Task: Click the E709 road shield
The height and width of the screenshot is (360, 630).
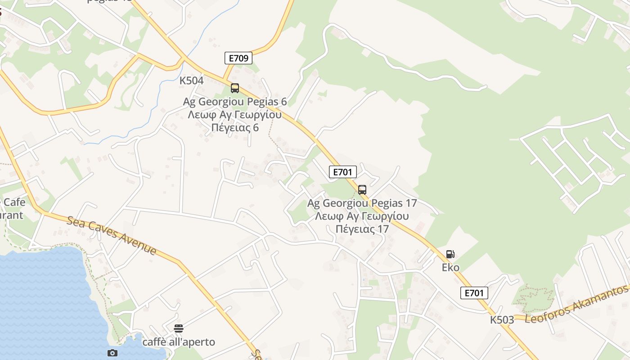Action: [x=238, y=58]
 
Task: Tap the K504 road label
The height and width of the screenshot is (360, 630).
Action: [x=191, y=81]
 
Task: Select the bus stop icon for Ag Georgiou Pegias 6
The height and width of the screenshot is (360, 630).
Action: [x=234, y=88]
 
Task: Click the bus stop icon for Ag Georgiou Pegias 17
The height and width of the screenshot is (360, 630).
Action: [x=362, y=190]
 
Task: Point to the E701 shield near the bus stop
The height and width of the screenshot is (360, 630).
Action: [x=342, y=172]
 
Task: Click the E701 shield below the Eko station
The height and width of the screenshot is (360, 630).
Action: [x=474, y=293]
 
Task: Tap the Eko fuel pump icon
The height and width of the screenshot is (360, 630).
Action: [x=450, y=254]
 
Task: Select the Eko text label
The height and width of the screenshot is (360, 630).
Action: [x=450, y=268]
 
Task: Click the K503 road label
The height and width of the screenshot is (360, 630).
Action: [x=502, y=320]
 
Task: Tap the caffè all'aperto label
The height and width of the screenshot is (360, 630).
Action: [x=179, y=342]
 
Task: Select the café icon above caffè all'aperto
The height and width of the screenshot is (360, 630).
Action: [x=179, y=328]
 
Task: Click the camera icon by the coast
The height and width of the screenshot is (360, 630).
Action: [x=112, y=353]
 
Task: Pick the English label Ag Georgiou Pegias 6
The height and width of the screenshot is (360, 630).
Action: [x=234, y=102]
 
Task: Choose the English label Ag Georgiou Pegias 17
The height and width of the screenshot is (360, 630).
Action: [x=362, y=203]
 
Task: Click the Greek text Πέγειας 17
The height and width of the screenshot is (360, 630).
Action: [x=362, y=229]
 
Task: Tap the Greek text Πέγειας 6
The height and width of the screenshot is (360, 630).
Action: [x=234, y=127]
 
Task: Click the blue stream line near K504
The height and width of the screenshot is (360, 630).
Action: [x=198, y=40]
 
